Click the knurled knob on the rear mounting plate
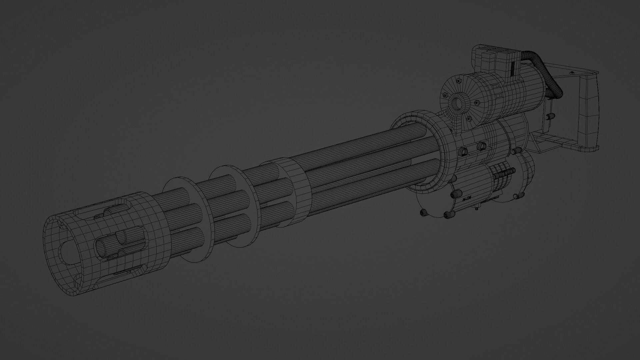click(x=551, y=116)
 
